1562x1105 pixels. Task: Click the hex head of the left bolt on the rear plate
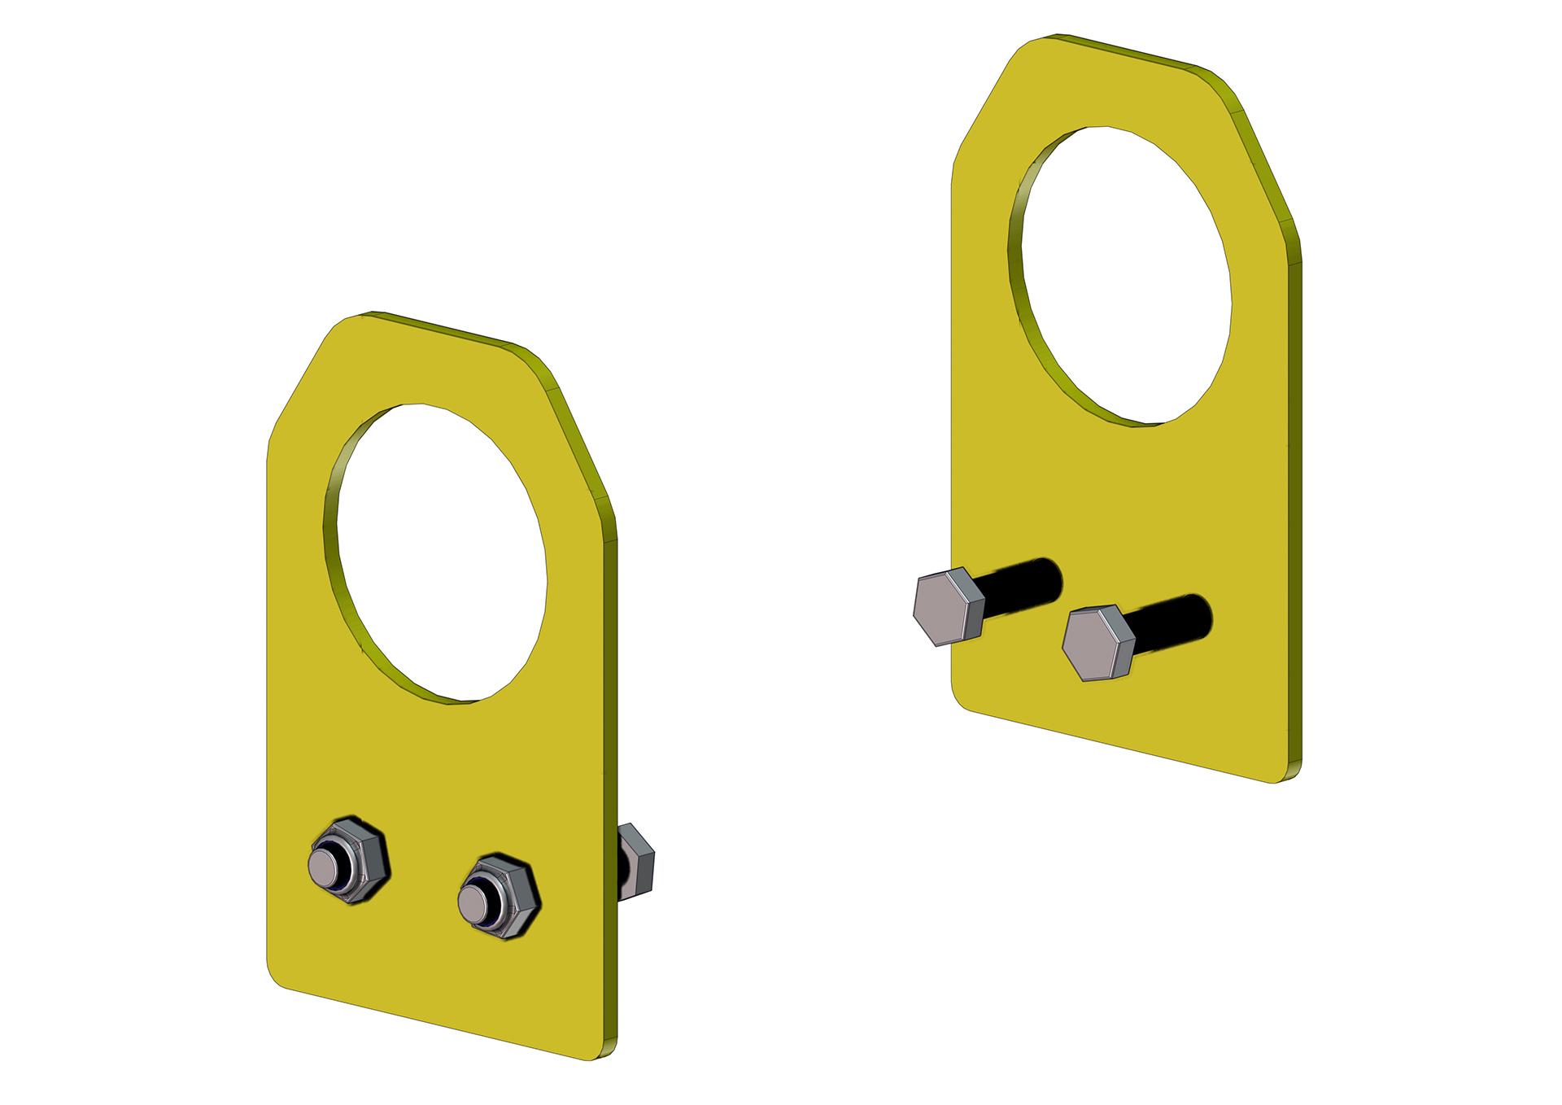947,607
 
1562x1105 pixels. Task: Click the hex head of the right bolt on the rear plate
1096,643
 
